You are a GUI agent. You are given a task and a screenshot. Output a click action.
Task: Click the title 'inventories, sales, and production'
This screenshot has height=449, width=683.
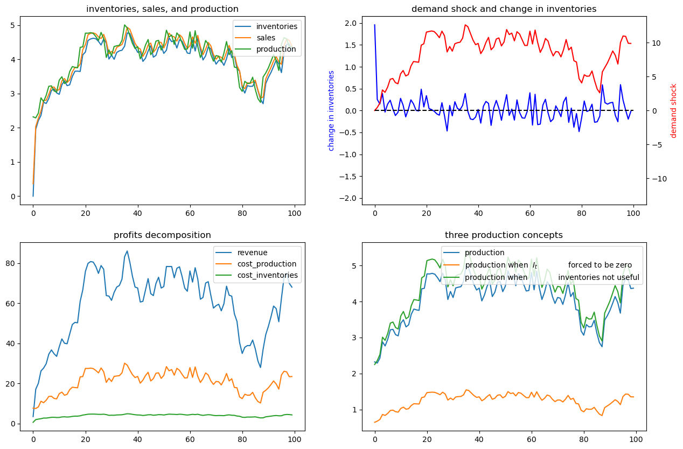[x=162, y=9]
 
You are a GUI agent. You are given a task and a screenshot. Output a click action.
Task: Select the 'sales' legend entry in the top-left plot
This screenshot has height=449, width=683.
[x=274, y=38]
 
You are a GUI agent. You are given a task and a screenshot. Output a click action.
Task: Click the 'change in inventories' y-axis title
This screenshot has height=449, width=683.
[x=331, y=110]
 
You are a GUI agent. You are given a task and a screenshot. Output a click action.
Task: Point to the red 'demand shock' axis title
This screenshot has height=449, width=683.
[x=673, y=110]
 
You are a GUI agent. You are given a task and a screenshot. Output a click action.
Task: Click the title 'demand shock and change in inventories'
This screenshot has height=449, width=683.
[x=504, y=9]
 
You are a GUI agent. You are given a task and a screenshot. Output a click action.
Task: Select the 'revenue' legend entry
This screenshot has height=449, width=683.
[x=252, y=252]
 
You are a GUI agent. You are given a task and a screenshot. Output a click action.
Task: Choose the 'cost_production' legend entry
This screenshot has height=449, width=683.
[x=267, y=264]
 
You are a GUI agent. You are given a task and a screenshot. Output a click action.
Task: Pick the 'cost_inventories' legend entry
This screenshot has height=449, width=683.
[x=268, y=275]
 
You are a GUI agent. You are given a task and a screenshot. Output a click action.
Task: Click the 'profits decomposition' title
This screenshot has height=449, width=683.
[x=162, y=235]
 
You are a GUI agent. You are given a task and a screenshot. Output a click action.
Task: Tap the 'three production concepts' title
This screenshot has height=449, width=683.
[x=504, y=235]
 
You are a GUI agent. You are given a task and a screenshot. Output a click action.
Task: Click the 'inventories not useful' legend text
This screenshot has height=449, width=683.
[x=598, y=277]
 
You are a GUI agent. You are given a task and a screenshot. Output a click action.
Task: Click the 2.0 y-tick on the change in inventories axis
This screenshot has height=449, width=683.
[x=351, y=23]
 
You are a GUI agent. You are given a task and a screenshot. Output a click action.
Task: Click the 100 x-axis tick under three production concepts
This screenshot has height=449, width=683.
[x=633, y=439]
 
